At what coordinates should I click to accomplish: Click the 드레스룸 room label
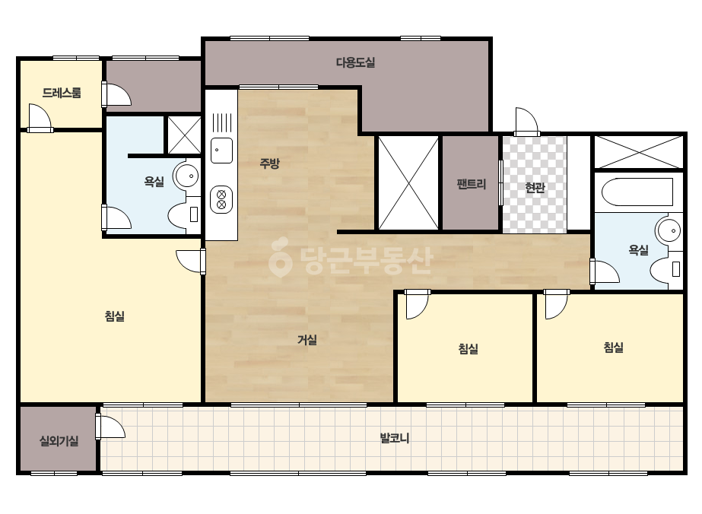(x=62, y=93)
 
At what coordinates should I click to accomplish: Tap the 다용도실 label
(x=355, y=62)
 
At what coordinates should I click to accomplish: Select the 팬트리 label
(x=472, y=184)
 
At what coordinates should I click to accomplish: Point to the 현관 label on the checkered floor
(x=535, y=187)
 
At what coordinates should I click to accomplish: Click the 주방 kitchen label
(x=269, y=163)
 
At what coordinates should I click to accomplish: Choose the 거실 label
(x=307, y=340)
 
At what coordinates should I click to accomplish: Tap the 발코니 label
(x=395, y=438)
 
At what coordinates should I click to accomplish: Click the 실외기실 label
(x=59, y=441)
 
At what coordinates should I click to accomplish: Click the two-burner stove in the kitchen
(x=221, y=199)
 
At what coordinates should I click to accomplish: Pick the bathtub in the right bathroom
(x=637, y=192)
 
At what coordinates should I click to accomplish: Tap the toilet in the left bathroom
(x=183, y=215)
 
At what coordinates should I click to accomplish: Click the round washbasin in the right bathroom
(x=669, y=230)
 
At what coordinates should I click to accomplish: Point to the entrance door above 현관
(x=526, y=121)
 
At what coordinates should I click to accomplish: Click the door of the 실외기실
(x=110, y=427)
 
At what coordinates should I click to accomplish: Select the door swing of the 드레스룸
(x=40, y=117)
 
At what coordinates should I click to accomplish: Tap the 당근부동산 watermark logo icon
(x=280, y=257)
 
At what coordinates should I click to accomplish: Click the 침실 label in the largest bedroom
(x=115, y=316)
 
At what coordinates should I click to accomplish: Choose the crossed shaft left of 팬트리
(x=408, y=183)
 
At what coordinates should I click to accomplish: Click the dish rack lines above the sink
(x=222, y=122)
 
